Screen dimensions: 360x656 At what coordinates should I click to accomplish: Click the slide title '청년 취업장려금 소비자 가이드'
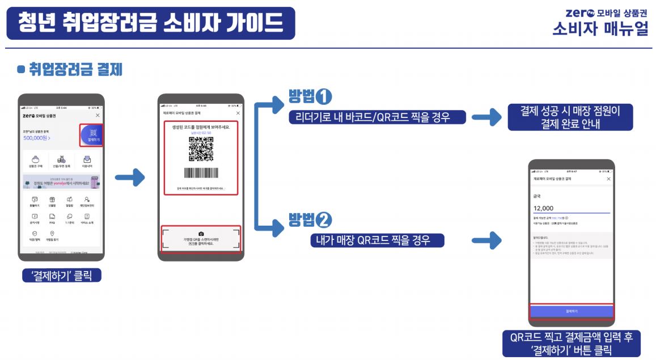click(150, 23)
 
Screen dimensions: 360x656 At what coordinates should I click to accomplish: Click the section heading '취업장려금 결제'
click(75, 70)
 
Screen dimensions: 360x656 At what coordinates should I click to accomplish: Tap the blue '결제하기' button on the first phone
click(91, 135)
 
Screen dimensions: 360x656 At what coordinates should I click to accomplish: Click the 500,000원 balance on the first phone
click(37, 137)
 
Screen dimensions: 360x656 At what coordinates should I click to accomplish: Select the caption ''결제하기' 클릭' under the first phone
click(61, 276)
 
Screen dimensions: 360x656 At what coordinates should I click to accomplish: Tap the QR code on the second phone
click(201, 149)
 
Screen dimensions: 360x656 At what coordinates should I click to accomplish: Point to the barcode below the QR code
click(201, 173)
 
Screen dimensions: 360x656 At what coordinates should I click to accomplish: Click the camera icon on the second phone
click(201, 233)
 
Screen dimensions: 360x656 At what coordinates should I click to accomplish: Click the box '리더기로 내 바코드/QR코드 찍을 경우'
click(376, 117)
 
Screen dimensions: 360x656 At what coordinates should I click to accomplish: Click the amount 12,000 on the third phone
click(543, 208)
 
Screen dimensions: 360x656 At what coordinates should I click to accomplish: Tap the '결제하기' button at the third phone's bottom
click(571, 311)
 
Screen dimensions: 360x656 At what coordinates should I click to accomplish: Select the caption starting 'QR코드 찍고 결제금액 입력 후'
click(571, 343)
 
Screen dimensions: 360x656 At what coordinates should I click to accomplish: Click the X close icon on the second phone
click(238, 113)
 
